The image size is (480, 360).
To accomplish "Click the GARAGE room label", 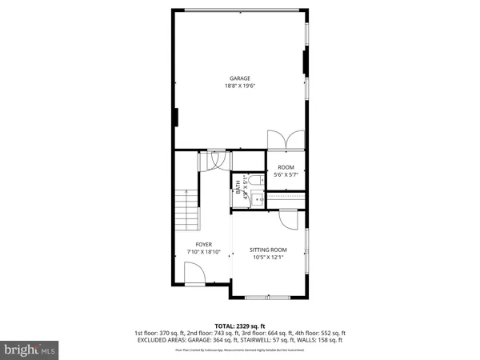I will (x=240, y=78).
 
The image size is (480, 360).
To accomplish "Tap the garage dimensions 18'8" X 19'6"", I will (x=240, y=86).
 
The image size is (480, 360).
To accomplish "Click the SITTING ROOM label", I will (x=268, y=250).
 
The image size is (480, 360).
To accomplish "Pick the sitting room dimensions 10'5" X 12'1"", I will (x=268, y=258).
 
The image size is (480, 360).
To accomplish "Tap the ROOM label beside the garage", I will (x=286, y=167).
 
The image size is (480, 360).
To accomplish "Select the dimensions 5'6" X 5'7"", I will (x=286, y=174).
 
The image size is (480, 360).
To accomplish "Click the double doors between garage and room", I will (x=286, y=139).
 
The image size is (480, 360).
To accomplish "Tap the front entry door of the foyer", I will (x=194, y=275).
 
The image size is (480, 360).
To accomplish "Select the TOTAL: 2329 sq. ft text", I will (x=240, y=326).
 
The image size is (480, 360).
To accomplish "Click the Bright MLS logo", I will (x=30, y=350).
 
